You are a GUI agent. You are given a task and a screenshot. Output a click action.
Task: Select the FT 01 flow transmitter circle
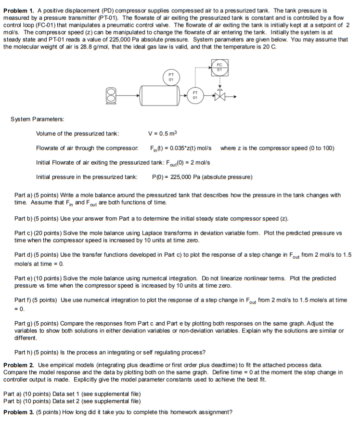coord(195,95)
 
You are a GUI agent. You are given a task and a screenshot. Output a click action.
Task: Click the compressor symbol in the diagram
coord(111,97)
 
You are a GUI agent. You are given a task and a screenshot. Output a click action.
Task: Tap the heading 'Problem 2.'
coord(18,365)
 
